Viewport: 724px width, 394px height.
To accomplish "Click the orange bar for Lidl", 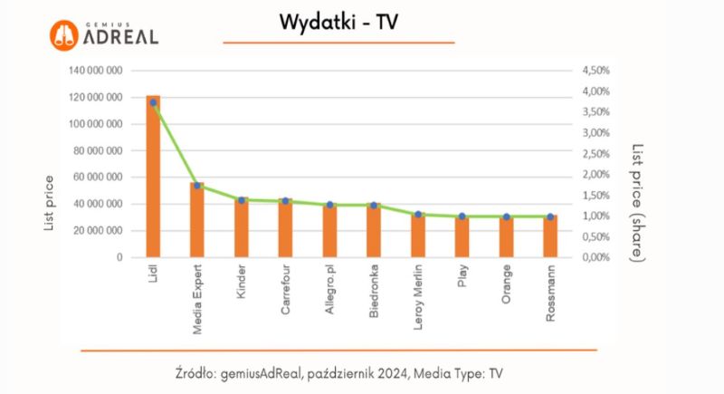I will (x=153, y=181).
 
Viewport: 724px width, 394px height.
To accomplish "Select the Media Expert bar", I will (x=197, y=222).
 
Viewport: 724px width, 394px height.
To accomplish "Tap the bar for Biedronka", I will (x=374, y=232).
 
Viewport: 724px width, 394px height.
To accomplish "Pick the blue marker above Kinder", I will (x=242, y=200).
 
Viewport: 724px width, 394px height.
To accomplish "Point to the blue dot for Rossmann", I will (x=550, y=216).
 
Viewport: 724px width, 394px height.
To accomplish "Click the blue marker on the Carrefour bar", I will (x=285, y=201).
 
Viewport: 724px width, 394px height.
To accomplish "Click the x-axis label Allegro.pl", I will (x=330, y=288).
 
